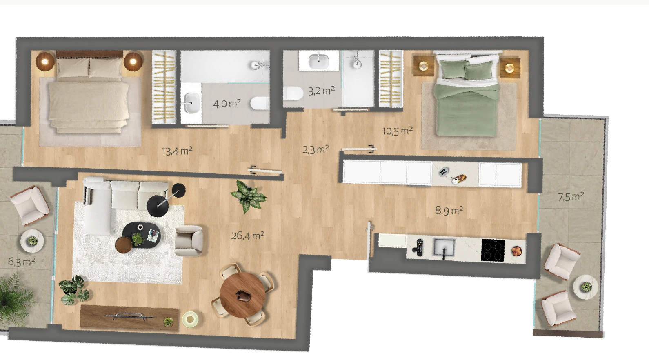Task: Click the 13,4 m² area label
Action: click(x=177, y=151)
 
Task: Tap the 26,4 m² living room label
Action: click(x=247, y=236)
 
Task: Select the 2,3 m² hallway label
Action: click(x=316, y=149)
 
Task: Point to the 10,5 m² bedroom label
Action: click(x=398, y=131)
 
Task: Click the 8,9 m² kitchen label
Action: click(x=449, y=210)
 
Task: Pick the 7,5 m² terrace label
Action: click(x=571, y=197)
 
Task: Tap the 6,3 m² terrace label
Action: click(x=22, y=262)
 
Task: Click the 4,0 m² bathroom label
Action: click(x=227, y=103)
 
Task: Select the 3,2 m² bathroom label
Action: click(x=321, y=91)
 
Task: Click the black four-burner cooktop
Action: click(x=493, y=250)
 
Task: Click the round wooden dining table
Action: click(x=242, y=295)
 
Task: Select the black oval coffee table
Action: click(x=141, y=235)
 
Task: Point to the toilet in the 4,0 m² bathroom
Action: click(x=260, y=103)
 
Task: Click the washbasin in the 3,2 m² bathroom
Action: click(x=319, y=60)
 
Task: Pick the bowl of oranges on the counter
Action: click(x=517, y=251)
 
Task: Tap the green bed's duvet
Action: click(x=467, y=109)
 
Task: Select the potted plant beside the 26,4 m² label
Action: click(x=249, y=196)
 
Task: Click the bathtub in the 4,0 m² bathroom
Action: click(x=225, y=66)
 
